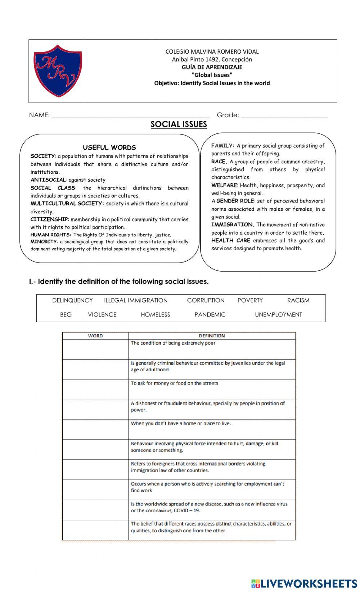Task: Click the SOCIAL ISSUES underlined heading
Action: coord(179,124)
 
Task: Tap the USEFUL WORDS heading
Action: coord(109,147)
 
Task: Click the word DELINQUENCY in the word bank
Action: coord(72,300)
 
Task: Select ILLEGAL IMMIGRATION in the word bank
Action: coord(136,300)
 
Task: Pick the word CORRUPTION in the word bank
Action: coord(206,300)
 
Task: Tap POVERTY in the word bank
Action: coord(250,300)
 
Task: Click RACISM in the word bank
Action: coord(298,300)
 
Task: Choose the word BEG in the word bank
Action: coord(66,314)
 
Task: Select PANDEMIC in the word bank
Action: coord(210,314)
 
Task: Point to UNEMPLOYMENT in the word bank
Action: coord(278,314)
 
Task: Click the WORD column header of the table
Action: coord(95,336)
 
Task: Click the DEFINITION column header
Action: coord(212,336)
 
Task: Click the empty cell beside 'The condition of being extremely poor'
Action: coord(95,349)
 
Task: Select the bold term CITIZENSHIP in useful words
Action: coord(49,219)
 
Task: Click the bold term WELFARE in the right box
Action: coord(224,185)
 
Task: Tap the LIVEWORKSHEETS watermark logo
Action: coord(304,583)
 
